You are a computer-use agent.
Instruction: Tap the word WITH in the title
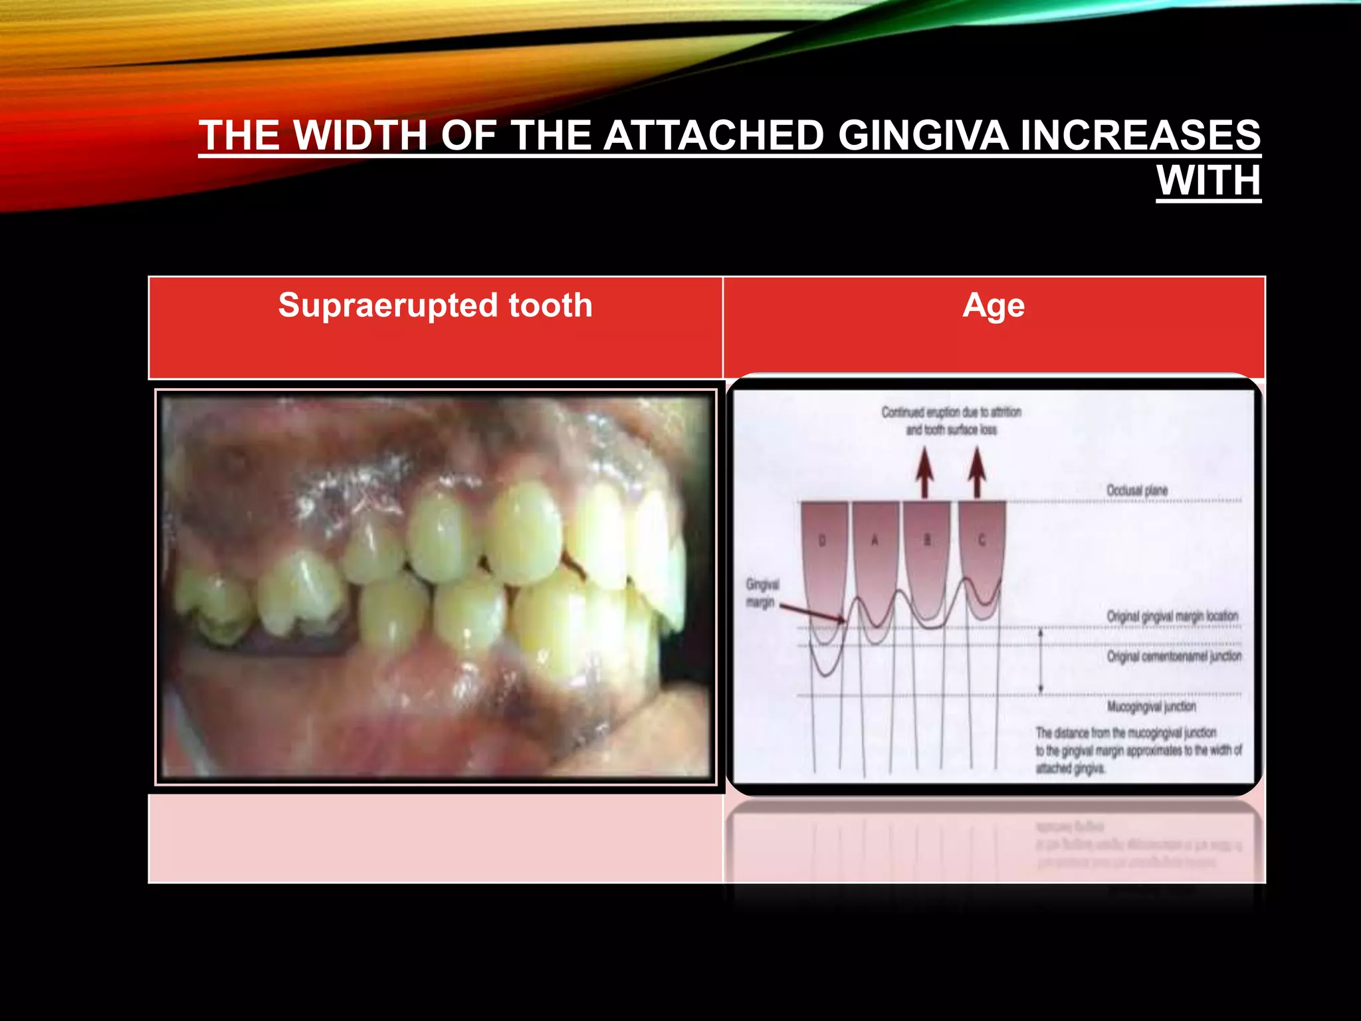pyautogui.click(x=1208, y=180)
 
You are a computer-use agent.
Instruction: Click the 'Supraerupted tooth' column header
pyautogui.click(x=435, y=306)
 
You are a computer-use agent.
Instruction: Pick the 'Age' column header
pyautogui.click(x=994, y=306)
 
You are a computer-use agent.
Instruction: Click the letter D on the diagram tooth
pyautogui.click(x=822, y=540)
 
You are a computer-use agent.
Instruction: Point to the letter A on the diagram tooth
pyautogui.click(x=875, y=540)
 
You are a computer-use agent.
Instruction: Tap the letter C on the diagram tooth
pyautogui.click(x=982, y=540)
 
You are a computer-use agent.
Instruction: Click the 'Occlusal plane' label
pyautogui.click(x=1136, y=491)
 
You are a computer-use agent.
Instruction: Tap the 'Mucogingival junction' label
pyautogui.click(x=1151, y=706)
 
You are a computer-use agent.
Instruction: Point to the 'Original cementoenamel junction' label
pyautogui.click(x=1174, y=656)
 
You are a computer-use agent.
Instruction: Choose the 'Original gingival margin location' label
pyautogui.click(x=1172, y=616)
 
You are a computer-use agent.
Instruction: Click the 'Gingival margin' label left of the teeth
pyautogui.click(x=762, y=594)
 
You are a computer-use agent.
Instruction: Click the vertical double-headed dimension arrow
pyautogui.click(x=1041, y=661)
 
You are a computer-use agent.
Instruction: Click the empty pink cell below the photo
pyautogui.click(x=435, y=838)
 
